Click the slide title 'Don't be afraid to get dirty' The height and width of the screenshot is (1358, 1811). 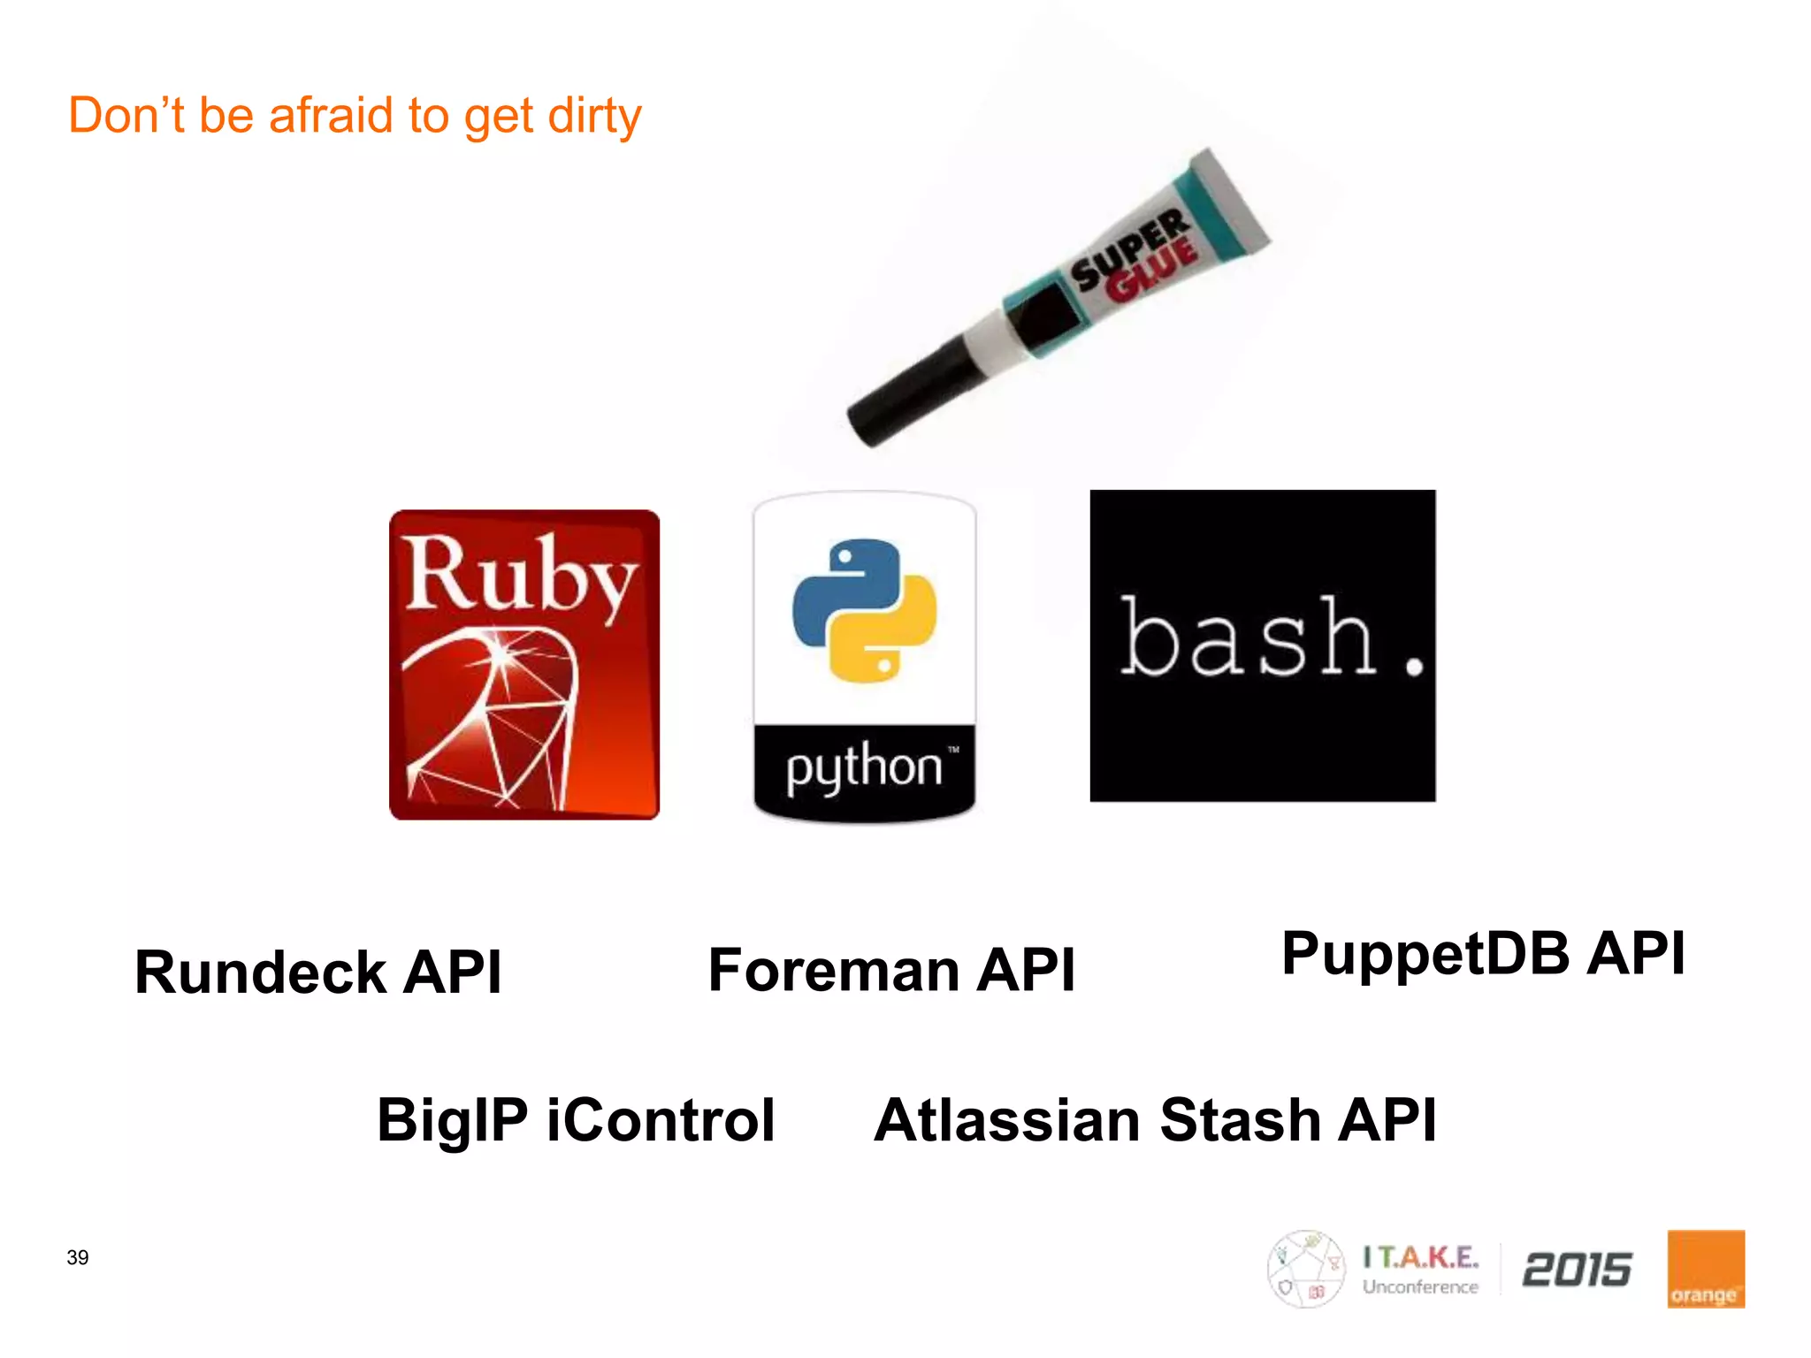point(355,116)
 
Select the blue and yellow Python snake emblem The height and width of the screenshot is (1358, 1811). point(864,610)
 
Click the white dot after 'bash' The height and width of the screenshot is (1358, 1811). point(1414,666)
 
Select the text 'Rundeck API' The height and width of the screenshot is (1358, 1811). point(318,973)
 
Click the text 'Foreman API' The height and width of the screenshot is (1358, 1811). point(891,970)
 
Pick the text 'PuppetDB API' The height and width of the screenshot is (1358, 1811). point(1483,953)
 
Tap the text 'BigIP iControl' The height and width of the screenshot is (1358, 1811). point(576,1120)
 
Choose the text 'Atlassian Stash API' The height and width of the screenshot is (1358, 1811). point(1155,1120)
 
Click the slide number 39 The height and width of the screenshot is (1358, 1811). point(78,1257)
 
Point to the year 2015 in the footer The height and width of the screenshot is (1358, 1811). point(1577,1270)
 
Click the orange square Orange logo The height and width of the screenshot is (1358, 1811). point(1706,1269)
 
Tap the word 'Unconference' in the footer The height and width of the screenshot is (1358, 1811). point(1420,1287)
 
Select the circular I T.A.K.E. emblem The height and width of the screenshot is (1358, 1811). point(1306,1269)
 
